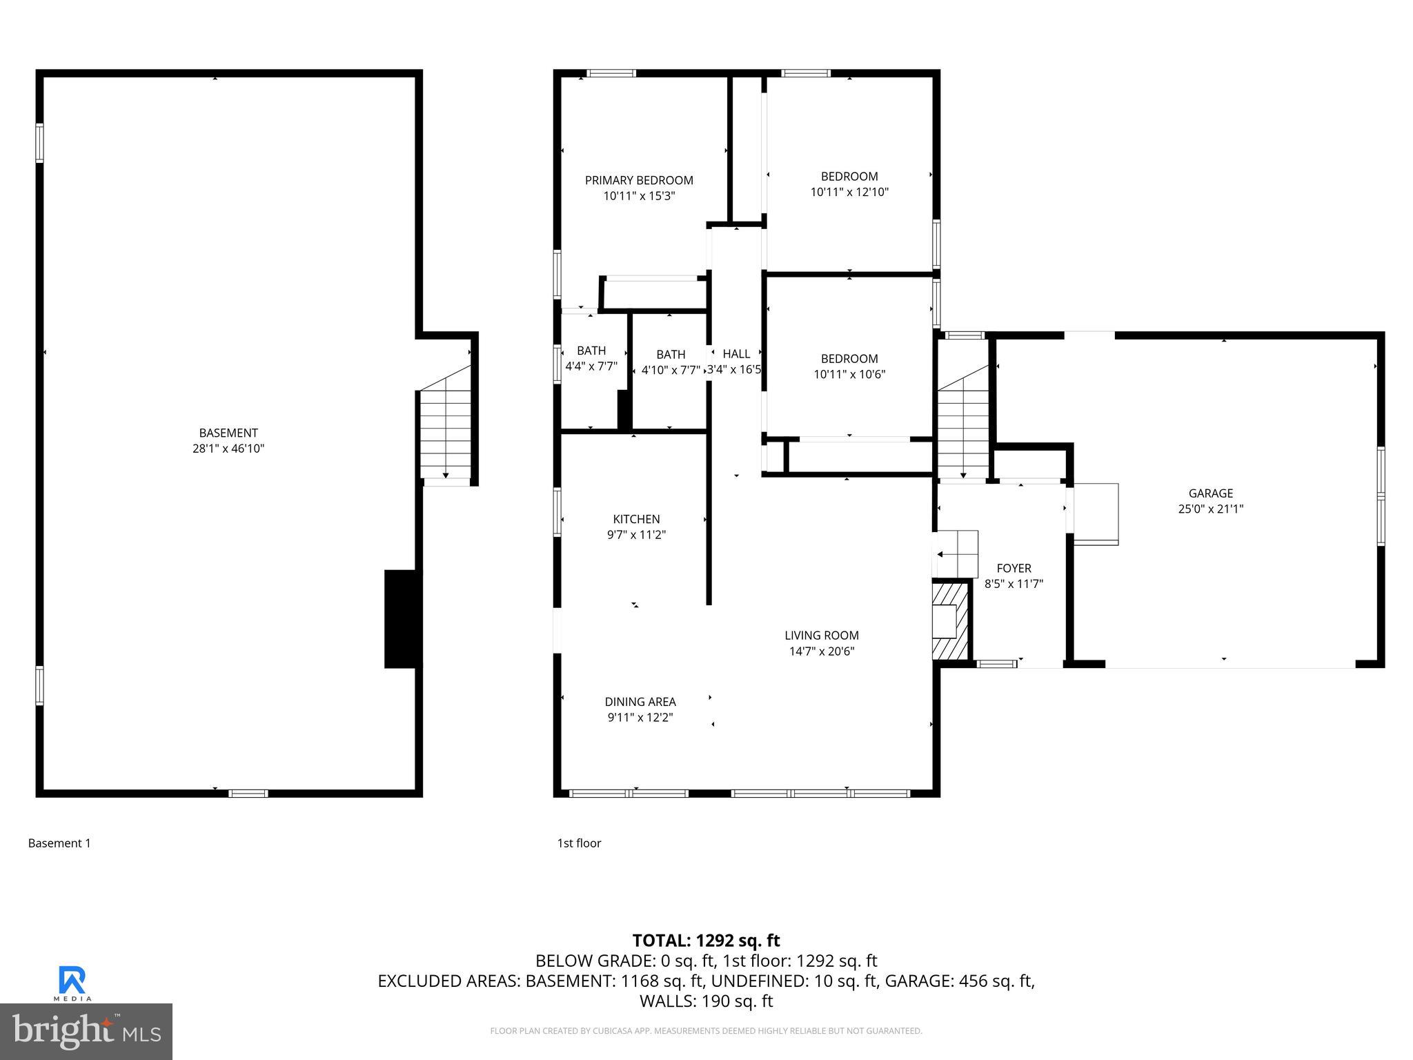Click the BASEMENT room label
[x=228, y=433]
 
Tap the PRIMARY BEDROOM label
[x=639, y=181]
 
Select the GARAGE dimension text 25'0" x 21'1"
[x=1210, y=509]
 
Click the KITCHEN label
[x=636, y=520]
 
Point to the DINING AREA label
[x=640, y=702]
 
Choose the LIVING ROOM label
[x=821, y=636]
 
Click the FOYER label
[x=1014, y=569]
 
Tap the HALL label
[x=736, y=354]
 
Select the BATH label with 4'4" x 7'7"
[x=591, y=351]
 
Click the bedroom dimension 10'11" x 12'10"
[x=849, y=193]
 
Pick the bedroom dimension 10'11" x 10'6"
[x=849, y=375]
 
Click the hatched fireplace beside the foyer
[x=951, y=621]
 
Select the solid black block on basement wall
[x=402, y=619]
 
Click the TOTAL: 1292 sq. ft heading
[x=706, y=941]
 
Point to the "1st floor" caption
[x=579, y=843]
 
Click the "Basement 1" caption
[x=59, y=843]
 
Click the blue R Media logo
[x=72, y=982]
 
